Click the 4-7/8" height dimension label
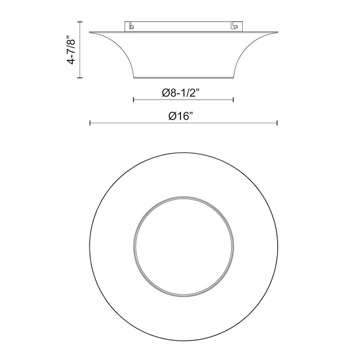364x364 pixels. tap(71, 50)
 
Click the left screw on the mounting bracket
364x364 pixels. tap(131, 25)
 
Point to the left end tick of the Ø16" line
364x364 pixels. tap(90, 123)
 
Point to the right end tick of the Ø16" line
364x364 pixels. tap(277, 123)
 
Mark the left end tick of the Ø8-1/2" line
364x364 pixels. tap(134, 100)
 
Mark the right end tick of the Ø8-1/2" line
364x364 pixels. tap(233, 100)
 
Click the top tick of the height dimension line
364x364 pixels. tap(80, 21)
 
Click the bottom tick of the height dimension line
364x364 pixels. tap(80, 78)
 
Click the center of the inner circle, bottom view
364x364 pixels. tap(183, 244)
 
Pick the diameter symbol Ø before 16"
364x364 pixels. tap(174, 117)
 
